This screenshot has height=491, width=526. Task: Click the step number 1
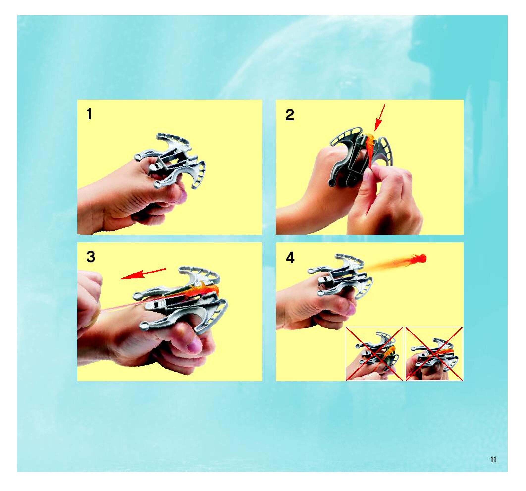coord(89,114)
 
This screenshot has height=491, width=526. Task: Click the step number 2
coord(290,115)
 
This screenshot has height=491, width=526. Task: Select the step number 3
coord(91,256)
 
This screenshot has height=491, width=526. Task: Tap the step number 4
coord(290,258)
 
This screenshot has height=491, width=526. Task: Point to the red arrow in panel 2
coord(380,117)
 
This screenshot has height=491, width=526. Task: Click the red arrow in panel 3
coord(143,274)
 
